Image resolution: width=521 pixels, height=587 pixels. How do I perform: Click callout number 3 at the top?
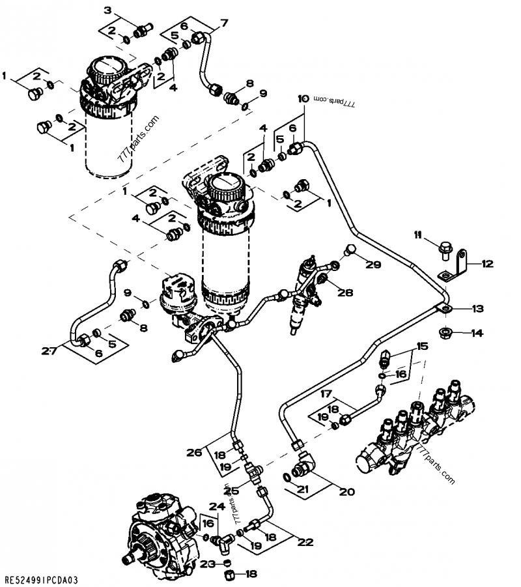tap(109, 9)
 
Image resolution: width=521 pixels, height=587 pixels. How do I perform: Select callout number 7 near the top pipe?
tap(225, 23)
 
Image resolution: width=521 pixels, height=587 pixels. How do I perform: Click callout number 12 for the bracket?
tap(488, 264)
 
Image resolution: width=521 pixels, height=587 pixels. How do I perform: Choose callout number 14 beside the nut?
tap(477, 333)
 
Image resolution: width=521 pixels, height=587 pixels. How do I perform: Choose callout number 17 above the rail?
tap(326, 394)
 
